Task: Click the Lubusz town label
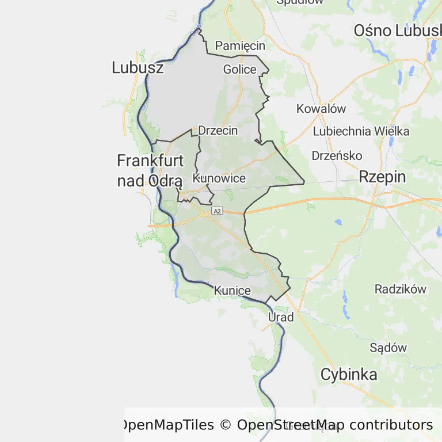click(138, 68)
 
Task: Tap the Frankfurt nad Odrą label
click(150, 170)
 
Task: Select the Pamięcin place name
click(240, 45)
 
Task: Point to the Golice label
click(239, 70)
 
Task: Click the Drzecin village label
click(218, 131)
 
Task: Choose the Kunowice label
click(219, 178)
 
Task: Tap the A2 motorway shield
click(216, 211)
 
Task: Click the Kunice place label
click(232, 291)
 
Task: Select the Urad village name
click(281, 317)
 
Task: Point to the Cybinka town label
click(349, 375)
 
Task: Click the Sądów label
click(388, 348)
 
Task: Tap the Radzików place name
click(401, 289)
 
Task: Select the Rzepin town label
click(382, 177)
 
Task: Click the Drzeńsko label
click(337, 155)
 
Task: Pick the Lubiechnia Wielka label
click(361, 131)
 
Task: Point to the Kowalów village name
click(321, 108)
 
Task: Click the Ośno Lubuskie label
click(397, 31)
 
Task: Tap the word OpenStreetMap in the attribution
click(291, 425)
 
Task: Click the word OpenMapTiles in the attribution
click(166, 425)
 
